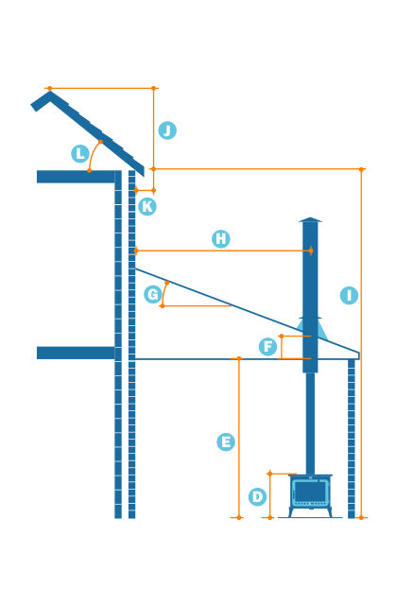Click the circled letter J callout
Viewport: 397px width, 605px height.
coord(167,130)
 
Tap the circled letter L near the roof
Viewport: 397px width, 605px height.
coord(80,153)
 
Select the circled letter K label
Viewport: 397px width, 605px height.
coord(147,206)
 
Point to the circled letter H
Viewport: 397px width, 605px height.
coord(221,239)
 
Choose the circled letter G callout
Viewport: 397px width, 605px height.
coord(152,294)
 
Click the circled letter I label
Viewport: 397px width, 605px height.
coord(349,295)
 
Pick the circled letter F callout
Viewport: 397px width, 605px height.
coord(268,347)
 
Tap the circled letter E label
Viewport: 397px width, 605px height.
coord(225,441)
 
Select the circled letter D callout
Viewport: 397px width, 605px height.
coord(257,496)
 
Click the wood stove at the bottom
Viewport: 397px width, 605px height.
coord(310,494)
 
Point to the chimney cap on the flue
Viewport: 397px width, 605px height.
coord(310,222)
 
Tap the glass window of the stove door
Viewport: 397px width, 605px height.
coord(310,493)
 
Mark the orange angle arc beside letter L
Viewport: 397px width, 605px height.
coord(93,154)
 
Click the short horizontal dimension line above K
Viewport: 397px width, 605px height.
coord(145,191)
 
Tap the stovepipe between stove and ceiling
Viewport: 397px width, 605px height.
coord(310,421)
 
